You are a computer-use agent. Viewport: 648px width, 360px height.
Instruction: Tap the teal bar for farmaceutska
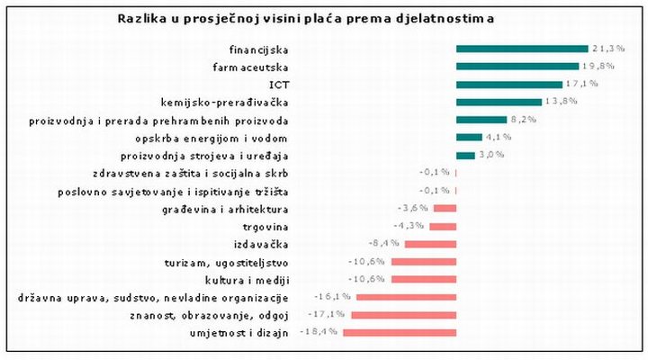517,66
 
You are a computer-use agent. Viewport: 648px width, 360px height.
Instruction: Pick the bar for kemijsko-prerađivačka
499,102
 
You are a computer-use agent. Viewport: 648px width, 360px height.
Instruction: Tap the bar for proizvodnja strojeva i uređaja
465,155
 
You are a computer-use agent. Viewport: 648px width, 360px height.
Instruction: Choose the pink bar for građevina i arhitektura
445,208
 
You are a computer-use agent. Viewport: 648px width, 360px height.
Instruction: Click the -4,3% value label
409,225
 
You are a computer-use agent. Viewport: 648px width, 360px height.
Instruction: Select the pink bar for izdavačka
430,243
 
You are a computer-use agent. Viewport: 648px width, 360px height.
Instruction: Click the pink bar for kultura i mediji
424,279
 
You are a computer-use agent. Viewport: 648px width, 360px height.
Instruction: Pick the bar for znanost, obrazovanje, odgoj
404,314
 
